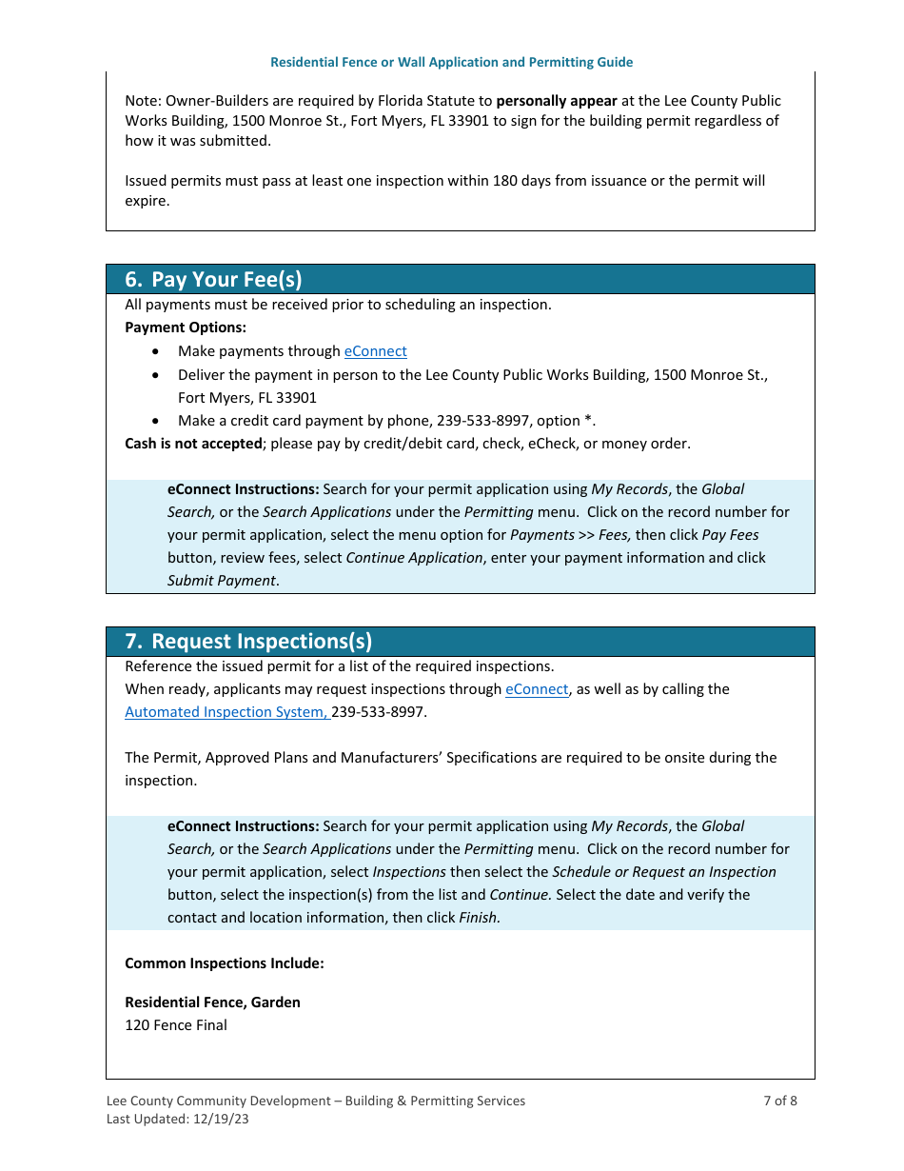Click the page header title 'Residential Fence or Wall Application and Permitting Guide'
[x=451, y=62]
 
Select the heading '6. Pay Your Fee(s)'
[x=213, y=279]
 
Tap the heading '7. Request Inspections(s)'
[x=248, y=641]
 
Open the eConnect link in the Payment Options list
[x=375, y=351]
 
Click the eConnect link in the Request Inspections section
[x=536, y=689]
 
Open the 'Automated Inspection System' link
[x=226, y=712]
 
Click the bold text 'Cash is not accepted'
[x=193, y=444]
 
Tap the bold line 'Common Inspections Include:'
[x=225, y=963]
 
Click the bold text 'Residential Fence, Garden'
[x=212, y=1002]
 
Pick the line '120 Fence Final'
[x=176, y=1025]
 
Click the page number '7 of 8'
[x=779, y=1101]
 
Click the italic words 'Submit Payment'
[x=222, y=581]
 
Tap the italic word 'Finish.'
[x=480, y=918]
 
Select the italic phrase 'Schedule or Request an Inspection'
[x=663, y=872]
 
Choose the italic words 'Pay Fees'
[x=730, y=535]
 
